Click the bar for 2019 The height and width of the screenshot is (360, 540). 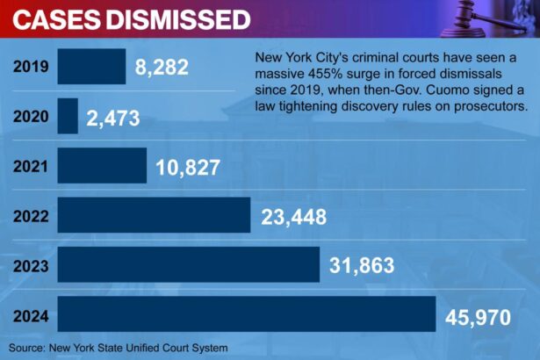(x=91, y=66)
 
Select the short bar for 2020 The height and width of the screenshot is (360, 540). (x=68, y=116)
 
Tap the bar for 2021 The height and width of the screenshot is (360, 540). (x=102, y=165)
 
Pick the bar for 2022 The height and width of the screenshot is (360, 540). (x=154, y=215)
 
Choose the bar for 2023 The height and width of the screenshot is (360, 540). (x=188, y=264)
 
